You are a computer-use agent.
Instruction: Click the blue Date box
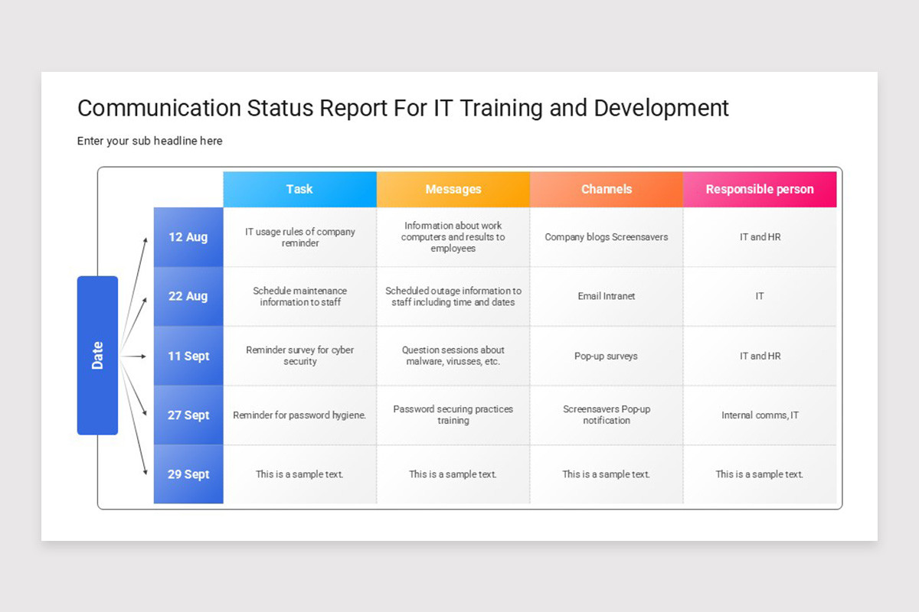[x=97, y=355]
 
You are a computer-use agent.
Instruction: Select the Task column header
[x=299, y=189]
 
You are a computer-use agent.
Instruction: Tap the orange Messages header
[x=453, y=189]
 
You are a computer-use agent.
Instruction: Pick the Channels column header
[x=606, y=189]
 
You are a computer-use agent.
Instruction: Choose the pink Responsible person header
[x=760, y=189]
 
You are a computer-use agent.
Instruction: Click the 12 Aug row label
[x=188, y=237]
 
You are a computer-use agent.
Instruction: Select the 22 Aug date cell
[x=188, y=296]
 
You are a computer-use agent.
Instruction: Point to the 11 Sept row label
[x=188, y=356]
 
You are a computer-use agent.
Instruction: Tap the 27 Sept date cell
[x=188, y=415]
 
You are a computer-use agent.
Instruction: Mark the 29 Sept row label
[x=188, y=474]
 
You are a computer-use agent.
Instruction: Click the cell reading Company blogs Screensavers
[x=606, y=237]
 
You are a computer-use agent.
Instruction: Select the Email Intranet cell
[x=606, y=296]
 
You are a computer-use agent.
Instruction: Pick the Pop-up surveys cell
[x=606, y=356]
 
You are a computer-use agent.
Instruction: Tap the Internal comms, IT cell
[x=760, y=415]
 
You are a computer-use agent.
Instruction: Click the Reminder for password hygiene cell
[x=299, y=415]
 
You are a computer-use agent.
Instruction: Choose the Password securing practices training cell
[x=453, y=415]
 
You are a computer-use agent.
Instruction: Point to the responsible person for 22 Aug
[x=760, y=296]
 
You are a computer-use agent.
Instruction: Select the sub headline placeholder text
[x=149, y=141]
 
